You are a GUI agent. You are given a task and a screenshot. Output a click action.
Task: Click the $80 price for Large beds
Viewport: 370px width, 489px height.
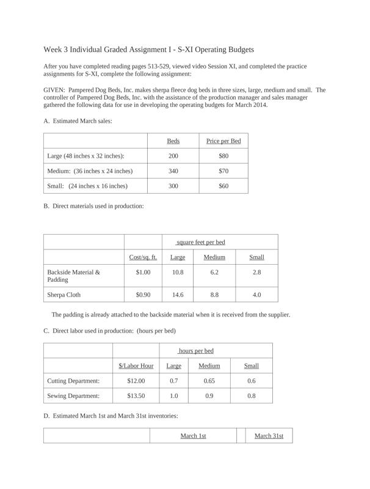click(x=223, y=156)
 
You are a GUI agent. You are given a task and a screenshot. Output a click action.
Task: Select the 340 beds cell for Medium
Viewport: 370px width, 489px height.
click(x=173, y=171)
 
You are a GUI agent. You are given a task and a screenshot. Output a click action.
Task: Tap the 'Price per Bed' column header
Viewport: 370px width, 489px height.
click(x=223, y=141)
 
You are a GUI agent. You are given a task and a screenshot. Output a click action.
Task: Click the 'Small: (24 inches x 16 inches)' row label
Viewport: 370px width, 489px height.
click(x=87, y=186)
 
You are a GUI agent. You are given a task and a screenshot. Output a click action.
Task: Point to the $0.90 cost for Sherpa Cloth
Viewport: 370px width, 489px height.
click(x=143, y=295)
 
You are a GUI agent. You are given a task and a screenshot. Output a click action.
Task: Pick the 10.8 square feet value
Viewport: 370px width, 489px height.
click(x=177, y=272)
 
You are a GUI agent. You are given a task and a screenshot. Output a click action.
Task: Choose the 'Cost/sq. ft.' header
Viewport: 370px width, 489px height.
click(x=143, y=257)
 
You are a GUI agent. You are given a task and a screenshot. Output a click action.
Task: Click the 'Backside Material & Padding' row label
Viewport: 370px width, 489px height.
click(x=74, y=276)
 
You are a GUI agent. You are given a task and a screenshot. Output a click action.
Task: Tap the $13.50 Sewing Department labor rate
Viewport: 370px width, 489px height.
click(x=136, y=395)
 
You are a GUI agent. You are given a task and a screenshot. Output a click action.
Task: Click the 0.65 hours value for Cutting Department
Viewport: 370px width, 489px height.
click(x=209, y=381)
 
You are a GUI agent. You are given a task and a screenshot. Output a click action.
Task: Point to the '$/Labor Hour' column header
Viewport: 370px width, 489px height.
click(x=136, y=366)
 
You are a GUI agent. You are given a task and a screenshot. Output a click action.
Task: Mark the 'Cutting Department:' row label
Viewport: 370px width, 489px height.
click(x=73, y=381)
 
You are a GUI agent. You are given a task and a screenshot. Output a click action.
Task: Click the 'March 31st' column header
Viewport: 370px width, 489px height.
click(x=269, y=436)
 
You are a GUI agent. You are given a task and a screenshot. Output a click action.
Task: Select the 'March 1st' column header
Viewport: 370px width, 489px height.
click(x=193, y=436)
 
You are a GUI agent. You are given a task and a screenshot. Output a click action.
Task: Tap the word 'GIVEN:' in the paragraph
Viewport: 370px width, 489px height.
click(x=55, y=90)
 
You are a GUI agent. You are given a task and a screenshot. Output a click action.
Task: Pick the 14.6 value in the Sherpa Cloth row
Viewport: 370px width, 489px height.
click(x=177, y=295)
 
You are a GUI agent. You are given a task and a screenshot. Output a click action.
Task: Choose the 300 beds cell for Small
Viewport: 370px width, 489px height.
click(x=173, y=186)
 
